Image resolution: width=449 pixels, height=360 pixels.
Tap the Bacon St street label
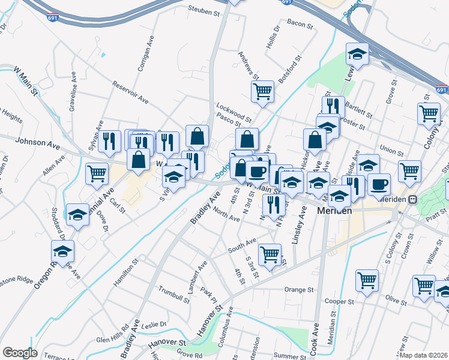click(x=300, y=25)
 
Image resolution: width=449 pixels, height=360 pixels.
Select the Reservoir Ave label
click(x=130, y=91)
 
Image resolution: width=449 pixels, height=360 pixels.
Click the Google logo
click(x=20, y=352)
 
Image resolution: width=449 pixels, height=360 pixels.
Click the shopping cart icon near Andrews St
click(x=262, y=92)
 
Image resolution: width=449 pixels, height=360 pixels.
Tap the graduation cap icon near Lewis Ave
click(x=357, y=54)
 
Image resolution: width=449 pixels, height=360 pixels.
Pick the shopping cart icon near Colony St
click(x=429, y=112)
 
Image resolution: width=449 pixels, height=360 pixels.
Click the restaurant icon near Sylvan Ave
click(x=109, y=141)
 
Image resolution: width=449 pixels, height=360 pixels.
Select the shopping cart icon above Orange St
click(x=367, y=280)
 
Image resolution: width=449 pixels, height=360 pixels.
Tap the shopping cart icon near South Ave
click(x=271, y=254)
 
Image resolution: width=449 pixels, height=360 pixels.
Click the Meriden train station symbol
click(x=413, y=200)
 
